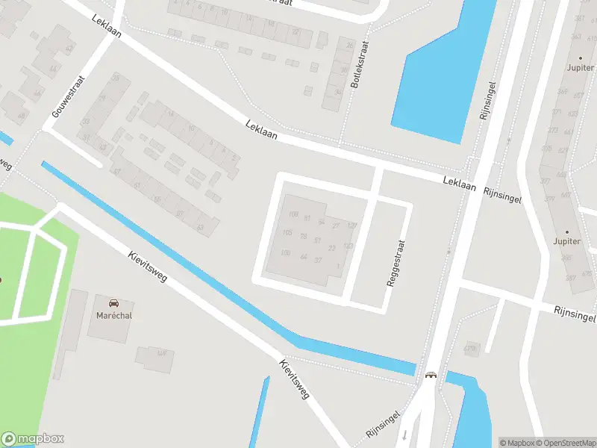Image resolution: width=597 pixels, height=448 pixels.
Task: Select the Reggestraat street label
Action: tap(396, 264)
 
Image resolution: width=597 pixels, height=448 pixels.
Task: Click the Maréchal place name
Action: tap(113, 315)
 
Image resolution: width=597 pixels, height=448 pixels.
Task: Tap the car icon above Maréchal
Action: tap(113, 303)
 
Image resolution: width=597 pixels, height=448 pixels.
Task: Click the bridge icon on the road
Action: tap(431, 376)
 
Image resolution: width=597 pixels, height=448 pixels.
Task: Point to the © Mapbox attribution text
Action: tap(517, 443)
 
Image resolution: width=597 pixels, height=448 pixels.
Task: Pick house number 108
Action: tap(293, 215)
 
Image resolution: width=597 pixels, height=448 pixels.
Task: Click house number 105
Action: tap(287, 233)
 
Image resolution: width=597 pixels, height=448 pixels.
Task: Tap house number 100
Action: tap(285, 253)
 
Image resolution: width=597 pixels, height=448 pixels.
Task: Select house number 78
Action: tap(303, 236)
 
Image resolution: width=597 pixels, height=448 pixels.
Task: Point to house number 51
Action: tap(318, 240)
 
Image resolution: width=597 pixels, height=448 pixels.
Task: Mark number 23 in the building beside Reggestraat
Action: tap(332, 248)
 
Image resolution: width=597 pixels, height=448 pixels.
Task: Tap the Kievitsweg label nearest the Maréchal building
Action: tap(148, 267)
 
